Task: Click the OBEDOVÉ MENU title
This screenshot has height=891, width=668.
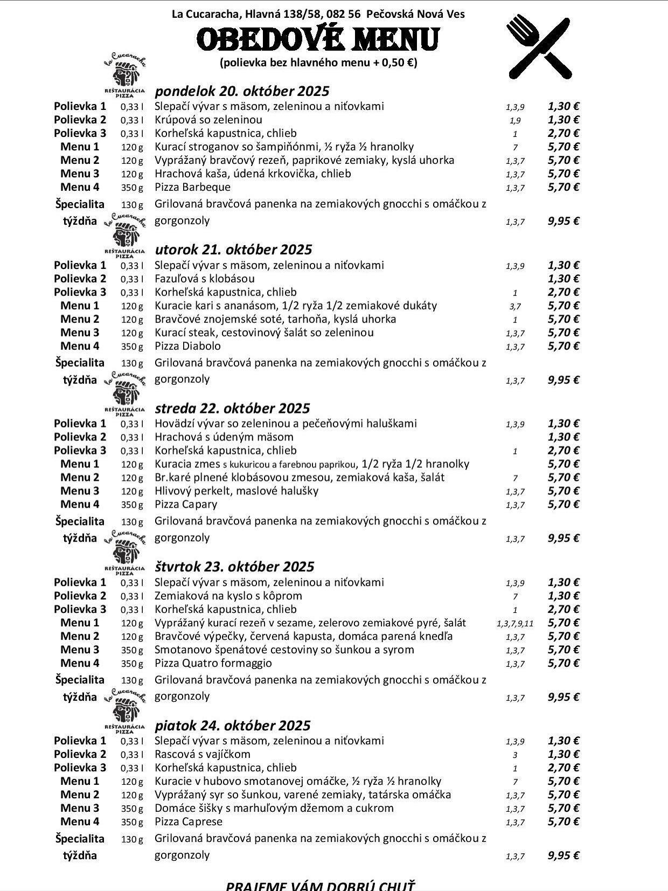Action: coord(318,39)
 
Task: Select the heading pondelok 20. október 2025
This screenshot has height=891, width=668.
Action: coord(242,91)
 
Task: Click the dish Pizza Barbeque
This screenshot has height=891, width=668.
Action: coord(192,187)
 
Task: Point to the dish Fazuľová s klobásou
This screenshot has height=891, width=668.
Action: coord(204,279)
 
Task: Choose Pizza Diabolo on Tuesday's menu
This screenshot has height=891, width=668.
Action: coord(187,346)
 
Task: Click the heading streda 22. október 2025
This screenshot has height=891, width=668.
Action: coord(232,408)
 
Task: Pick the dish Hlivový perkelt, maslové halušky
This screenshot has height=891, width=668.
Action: coord(236,491)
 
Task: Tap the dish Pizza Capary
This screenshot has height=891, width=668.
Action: coord(186,505)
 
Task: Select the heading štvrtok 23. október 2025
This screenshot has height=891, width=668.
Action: coord(234,567)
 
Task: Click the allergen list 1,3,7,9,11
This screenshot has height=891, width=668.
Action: coord(514,624)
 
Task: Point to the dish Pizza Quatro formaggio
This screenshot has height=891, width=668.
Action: coord(213,663)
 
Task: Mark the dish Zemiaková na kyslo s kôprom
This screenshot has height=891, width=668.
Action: coord(228,596)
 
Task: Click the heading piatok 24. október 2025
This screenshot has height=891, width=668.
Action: coord(233,726)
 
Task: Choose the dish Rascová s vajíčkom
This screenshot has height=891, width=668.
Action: coord(203,754)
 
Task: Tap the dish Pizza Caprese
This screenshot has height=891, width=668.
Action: coord(189,821)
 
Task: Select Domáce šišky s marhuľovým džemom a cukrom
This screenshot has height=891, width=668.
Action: coord(274,808)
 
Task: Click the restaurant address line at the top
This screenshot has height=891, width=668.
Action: coord(318,14)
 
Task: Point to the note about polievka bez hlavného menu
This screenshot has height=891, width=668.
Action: coord(318,63)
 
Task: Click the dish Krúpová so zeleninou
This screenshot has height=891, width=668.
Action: coord(208,120)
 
